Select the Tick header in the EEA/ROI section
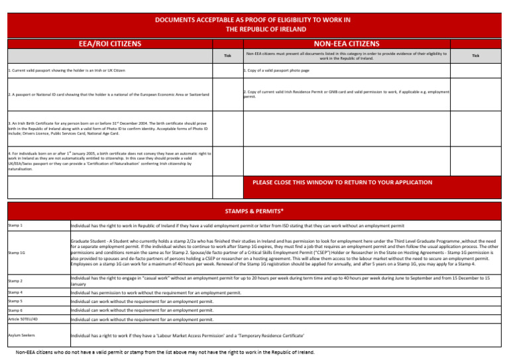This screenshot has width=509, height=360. (x=227, y=56)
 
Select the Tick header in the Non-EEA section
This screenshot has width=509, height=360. (x=475, y=56)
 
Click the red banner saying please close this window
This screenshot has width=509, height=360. (x=341, y=182)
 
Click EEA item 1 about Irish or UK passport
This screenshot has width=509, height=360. (x=66, y=70)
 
